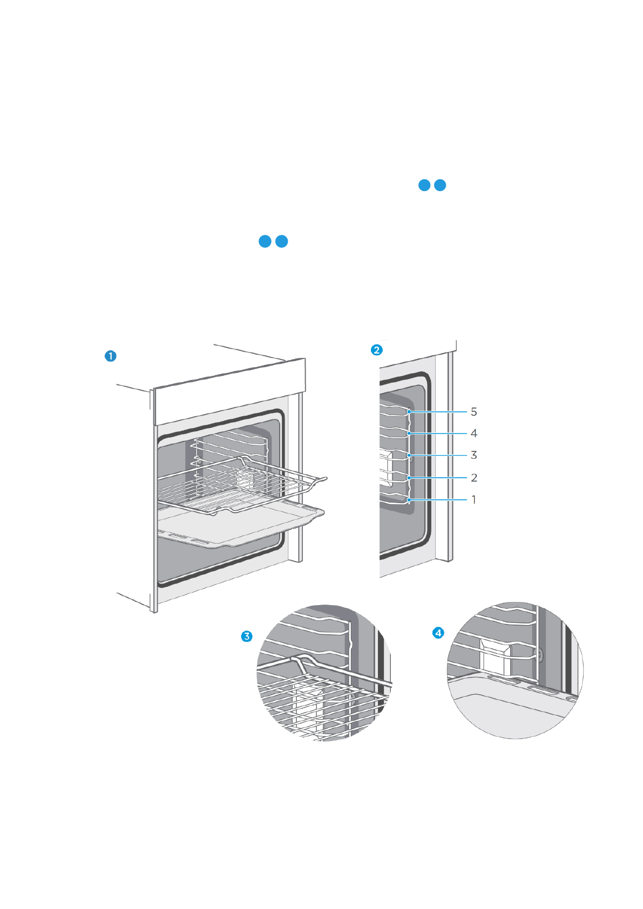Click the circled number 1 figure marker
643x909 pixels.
[111, 356]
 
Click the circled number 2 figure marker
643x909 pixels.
[377, 350]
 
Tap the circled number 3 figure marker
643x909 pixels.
[247, 636]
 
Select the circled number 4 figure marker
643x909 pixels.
[438, 632]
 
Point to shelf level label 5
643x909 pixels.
[473, 412]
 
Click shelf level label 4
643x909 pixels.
[473, 433]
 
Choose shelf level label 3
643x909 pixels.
[473, 455]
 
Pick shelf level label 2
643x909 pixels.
[473, 478]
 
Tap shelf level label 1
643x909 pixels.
[473, 500]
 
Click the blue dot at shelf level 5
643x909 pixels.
[409, 412]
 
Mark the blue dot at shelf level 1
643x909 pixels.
[409, 500]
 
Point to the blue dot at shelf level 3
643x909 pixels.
[409, 455]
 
